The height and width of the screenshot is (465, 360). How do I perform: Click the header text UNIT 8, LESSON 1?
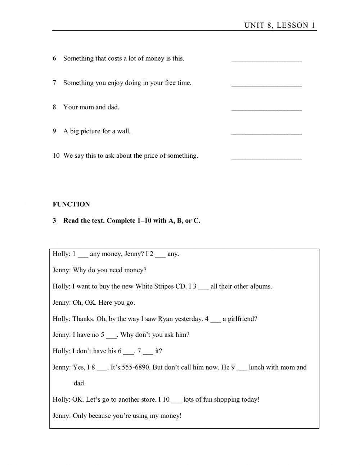coord(279,25)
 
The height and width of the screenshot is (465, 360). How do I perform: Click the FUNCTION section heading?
coord(71,204)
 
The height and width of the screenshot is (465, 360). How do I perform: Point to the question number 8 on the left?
coord(54,107)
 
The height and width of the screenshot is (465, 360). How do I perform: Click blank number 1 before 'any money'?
coord(83,255)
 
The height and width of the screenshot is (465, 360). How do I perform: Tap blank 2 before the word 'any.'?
coord(161,255)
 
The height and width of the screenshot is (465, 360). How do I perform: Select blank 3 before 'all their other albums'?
coord(203,287)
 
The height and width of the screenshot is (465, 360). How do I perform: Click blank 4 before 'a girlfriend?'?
coord(216,320)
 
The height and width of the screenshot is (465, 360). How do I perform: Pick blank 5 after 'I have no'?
coord(111,336)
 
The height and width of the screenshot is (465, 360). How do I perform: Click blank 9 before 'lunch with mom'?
coord(242,368)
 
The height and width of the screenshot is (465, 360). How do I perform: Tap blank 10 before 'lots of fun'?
coord(176,401)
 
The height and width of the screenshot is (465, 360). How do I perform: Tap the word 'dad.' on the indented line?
coord(80,383)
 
